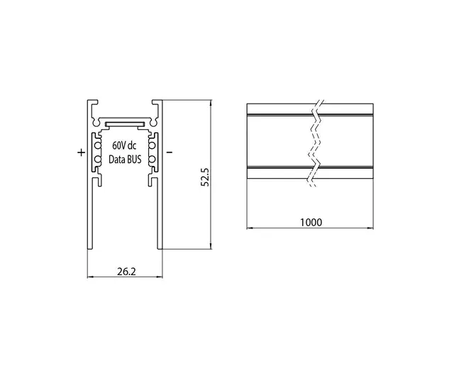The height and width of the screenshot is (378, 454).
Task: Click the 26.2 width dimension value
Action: coord(126,272)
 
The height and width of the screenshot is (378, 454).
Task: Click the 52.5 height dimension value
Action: coord(205,177)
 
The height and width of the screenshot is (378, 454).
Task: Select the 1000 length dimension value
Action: coord(311,222)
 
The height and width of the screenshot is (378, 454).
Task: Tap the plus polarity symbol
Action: coord(82,152)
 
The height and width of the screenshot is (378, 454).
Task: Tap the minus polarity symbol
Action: coord(170,152)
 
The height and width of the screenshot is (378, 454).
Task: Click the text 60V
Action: coord(118,145)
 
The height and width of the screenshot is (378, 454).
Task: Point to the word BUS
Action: coord(134,159)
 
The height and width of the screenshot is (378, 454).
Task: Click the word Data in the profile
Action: coord(116,159)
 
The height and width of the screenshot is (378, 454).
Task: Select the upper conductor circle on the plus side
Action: coord(98,145)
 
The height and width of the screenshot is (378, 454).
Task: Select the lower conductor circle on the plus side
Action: coord(98,159)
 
